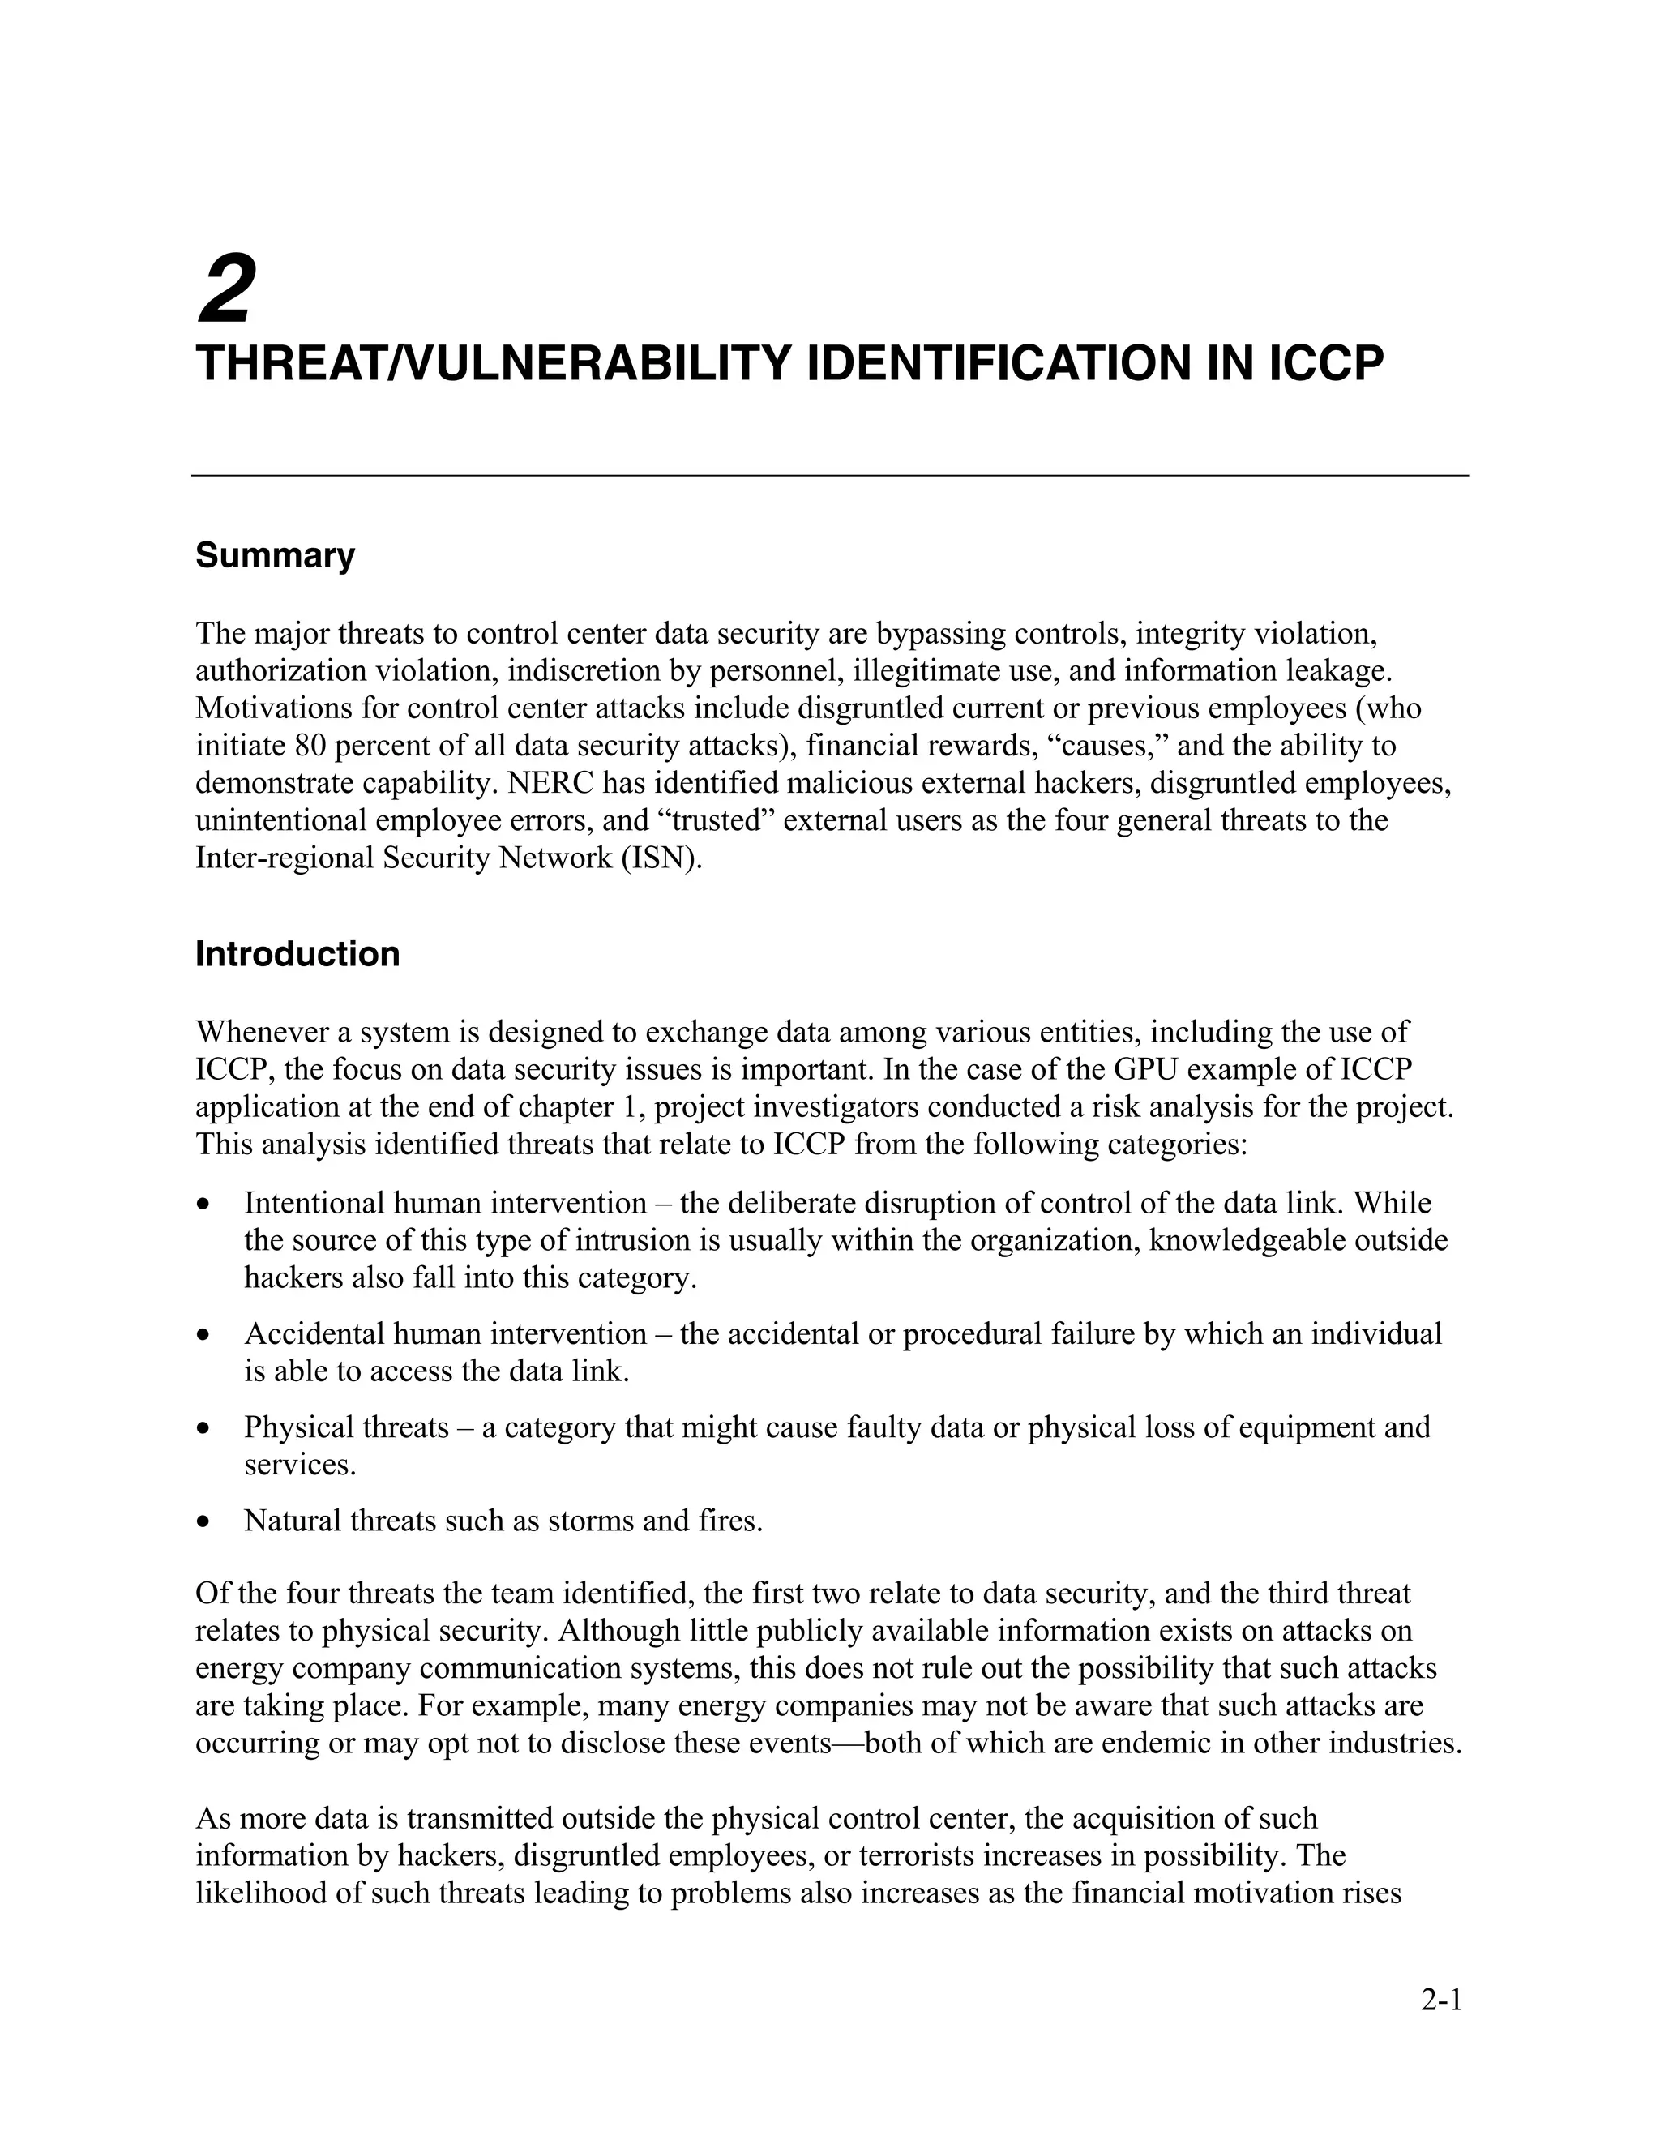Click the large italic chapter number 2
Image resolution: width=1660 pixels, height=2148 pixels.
pyautogui.click(x=227, y=289)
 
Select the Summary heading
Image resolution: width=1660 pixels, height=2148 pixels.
pyautogui.click(x=275, y=556)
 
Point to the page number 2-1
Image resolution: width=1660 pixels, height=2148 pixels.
pyautogui.click(x=1442, y=2000)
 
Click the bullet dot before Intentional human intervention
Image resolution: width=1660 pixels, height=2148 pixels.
pyautogui.click(x=203, y=1205)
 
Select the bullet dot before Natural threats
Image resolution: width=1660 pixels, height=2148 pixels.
pyautogui.click(x=203, y=1522)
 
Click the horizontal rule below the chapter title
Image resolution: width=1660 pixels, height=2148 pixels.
pyautogui.click(x=829, y=476)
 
